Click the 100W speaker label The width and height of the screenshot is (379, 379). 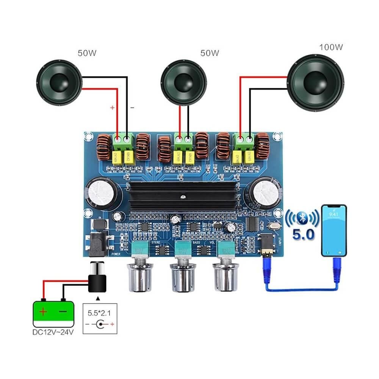click(331, 47)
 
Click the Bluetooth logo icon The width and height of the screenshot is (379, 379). click(302, 218)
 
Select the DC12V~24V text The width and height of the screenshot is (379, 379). click(53, 332)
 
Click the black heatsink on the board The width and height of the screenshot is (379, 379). click(182, 197)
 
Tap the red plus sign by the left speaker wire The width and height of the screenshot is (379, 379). click(113, 108)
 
